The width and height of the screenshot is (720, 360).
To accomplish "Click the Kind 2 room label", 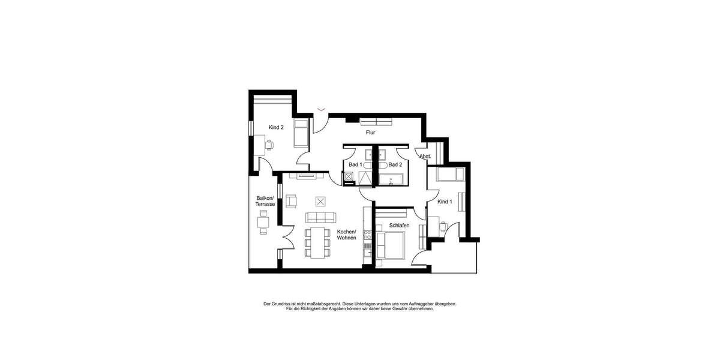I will coord(276,127).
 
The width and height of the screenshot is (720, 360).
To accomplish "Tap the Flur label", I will coord(370,133).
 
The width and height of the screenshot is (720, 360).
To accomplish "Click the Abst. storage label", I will coord(425,157).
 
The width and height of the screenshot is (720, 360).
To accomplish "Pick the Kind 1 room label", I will coord(444,202).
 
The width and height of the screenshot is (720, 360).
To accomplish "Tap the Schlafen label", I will coord(399,225).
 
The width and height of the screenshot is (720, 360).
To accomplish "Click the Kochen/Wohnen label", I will coord(347,235).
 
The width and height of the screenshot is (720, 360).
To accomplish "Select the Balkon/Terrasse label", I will coord(265,201).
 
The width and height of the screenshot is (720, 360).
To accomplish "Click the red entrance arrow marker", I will coord(322,109).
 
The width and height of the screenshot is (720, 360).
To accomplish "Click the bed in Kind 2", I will coord(301,133).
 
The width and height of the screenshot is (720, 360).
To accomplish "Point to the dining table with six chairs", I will coord(318,242).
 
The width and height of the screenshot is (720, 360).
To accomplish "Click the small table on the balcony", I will coord(263,223).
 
